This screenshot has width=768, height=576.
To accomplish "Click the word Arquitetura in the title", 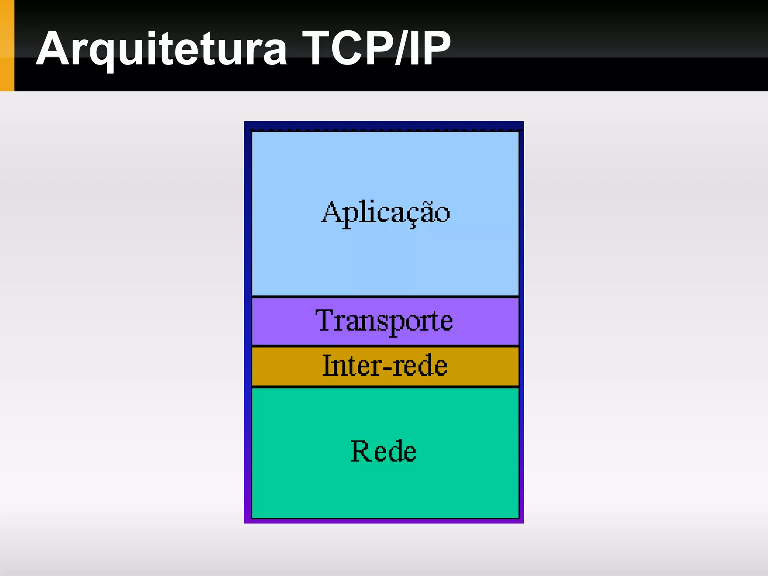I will point(161,49).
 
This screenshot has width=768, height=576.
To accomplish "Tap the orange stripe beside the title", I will point(7,45).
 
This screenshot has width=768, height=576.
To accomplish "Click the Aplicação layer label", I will point(385,213).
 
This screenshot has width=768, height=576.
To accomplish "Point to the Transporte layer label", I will point(384,321).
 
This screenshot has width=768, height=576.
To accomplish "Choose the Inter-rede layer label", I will point(385,366).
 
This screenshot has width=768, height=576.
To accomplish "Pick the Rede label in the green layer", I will point(383,451).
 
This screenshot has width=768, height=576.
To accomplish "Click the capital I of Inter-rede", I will point(327,365).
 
